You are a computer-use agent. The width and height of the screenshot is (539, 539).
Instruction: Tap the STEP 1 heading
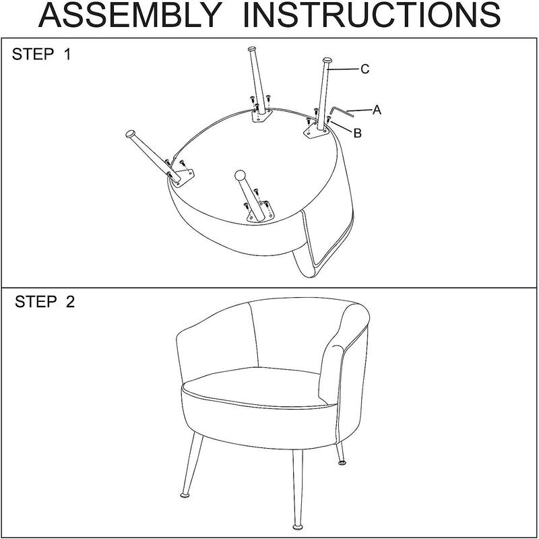[x=41, y=55]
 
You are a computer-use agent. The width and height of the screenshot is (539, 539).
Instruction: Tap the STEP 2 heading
[x=44, y=302]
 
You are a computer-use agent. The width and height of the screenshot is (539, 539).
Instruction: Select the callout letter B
[x=358, y=133]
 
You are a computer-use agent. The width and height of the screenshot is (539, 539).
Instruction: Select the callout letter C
[x=364, y=69]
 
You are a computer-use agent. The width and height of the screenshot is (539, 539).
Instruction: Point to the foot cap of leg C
[x=327, y=61]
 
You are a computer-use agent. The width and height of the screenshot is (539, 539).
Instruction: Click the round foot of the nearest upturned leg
[x=239, y=177]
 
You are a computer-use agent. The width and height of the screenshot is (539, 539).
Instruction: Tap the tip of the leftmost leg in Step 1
[x=129, y=133]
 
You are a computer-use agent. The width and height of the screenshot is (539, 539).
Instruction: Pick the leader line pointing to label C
[x=345, y=69]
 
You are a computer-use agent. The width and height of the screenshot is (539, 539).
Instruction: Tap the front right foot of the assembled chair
[x=296, y=523]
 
